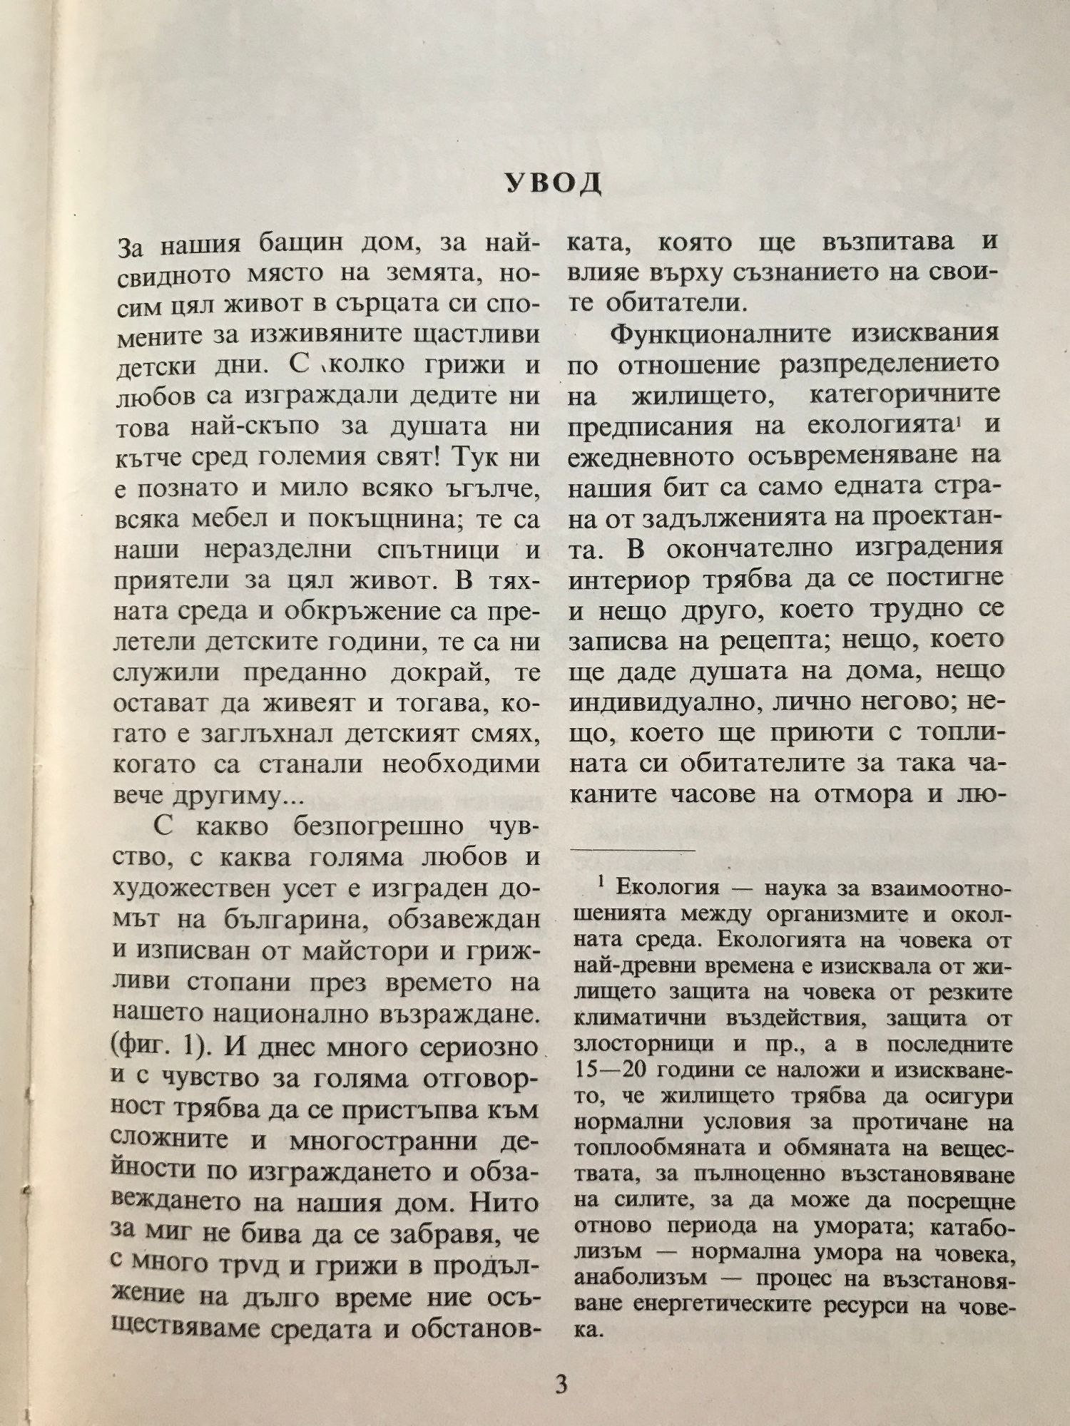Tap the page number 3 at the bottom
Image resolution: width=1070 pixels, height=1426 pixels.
click(x=561, y=1384)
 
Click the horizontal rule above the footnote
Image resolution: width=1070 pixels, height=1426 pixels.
click(x=634, y=848)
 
